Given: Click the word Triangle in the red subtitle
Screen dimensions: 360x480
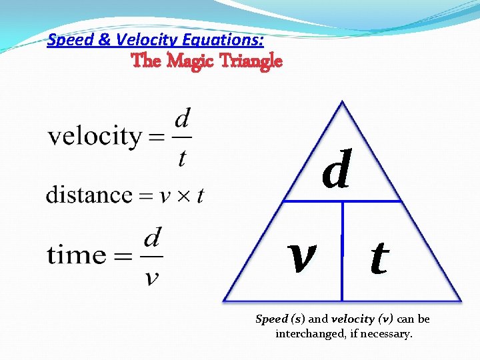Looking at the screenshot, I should pos(249,61).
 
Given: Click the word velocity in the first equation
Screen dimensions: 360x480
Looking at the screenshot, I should pos(94,137).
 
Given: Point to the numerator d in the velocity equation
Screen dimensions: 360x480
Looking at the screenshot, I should pos(182,121).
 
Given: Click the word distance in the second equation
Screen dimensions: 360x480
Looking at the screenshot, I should pos(89,195).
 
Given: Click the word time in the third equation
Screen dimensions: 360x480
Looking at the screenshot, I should pos(76,255).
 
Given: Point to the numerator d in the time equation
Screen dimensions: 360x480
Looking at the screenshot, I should pos(153,238).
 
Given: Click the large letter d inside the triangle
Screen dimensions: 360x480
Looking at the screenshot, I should pos(336,171).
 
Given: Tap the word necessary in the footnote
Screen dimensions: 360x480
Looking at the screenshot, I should pos(387,333).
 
